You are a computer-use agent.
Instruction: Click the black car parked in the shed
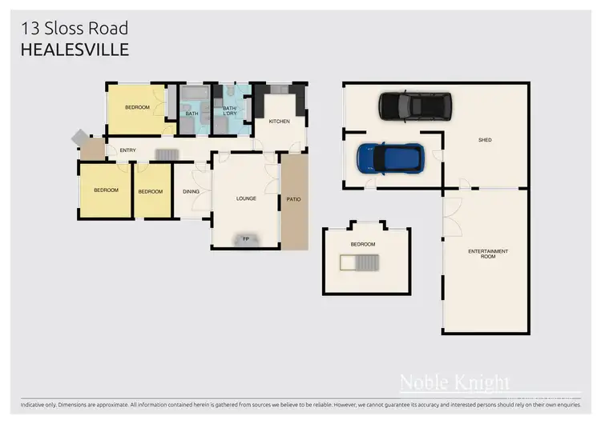pyautogui.click(x=414, y=105)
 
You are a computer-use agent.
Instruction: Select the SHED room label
pyautogui.click(x=485, y=140)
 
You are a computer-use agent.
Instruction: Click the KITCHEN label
pyautogui.click(x=279, y=122)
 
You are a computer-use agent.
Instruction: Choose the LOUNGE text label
pyautogui.click(x=245, y=198)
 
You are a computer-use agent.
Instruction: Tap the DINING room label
pyautogui.click(x=191, y=191)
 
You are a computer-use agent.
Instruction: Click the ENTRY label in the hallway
pyautogui.click(x=127, y=150)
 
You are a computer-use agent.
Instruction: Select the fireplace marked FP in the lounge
pyautogui.click(x=245, y=238)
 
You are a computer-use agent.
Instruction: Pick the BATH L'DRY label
pyautogui.click(x=229, y=111)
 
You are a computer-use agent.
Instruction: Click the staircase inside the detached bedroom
pyautogui.click(x=359, y=263)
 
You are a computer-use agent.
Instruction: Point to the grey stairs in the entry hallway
pyautogui.click(x=166, y=154)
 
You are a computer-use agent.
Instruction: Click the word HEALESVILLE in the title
pyautogui.click(x=74, y=50)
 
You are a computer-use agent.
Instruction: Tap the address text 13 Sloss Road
pyautogui.click(x=74, y=29)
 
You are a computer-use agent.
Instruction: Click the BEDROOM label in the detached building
pyautogui.click(x=362, y=244)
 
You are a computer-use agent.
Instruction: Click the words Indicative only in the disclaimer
pyautogui.click(x=40, y=404)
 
